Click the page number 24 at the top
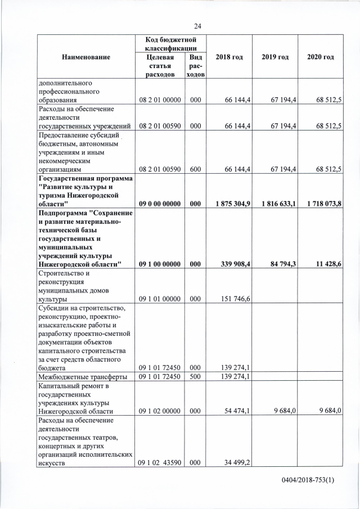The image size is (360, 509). pos(197,26)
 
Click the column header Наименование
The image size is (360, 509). pos(86,57)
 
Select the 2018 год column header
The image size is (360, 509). pos(229,57)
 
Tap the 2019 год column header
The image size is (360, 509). pos(275,57)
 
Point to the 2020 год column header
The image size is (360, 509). pos(321,57)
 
